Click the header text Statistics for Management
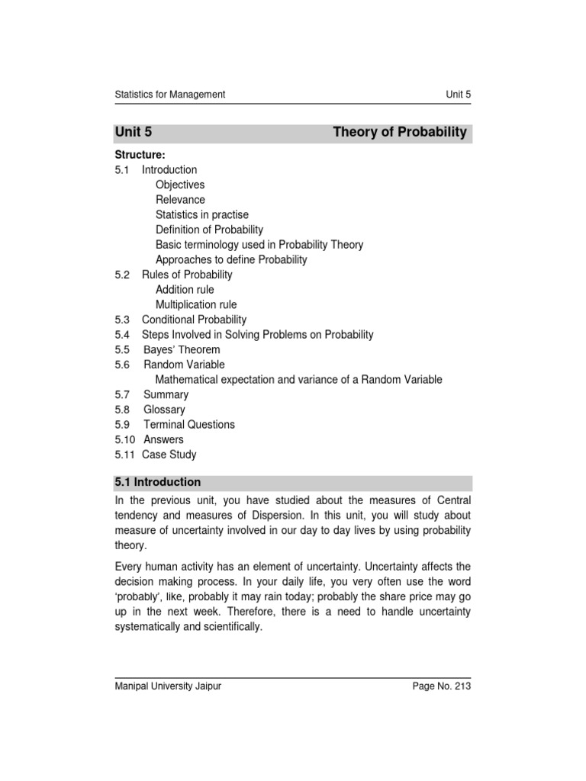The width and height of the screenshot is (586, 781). (169, 95)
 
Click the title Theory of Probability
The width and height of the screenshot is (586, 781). (400, 133)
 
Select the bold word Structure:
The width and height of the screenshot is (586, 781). (140, 155)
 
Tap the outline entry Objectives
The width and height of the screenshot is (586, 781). (180, 185)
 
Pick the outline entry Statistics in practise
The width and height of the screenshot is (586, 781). (201, 215)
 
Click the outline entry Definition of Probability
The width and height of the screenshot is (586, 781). (209, 230)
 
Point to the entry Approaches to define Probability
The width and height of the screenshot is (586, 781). (231, 259)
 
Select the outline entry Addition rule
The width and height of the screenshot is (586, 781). (185, 290)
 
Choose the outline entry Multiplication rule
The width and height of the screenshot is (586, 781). (195, 305)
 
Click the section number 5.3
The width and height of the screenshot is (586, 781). (122, 320)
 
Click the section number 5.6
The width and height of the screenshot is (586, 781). (122, 365)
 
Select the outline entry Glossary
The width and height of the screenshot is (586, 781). (164, 410)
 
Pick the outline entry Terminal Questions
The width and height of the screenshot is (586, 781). (189, 425)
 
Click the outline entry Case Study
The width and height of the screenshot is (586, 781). (169, 455)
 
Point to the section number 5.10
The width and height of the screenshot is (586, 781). (125, 439)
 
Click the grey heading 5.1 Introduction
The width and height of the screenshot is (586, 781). (158, 483)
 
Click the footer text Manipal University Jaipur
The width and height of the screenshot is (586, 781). (168, 686)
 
